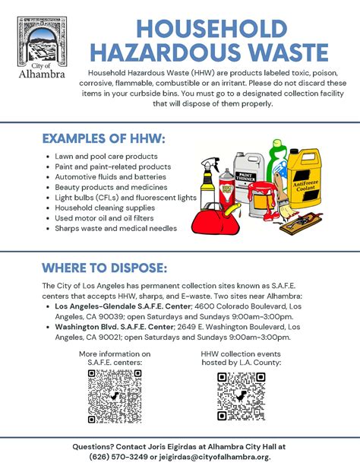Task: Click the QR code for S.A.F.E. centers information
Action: (114, 395)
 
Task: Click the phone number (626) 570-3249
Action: (115, 456)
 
